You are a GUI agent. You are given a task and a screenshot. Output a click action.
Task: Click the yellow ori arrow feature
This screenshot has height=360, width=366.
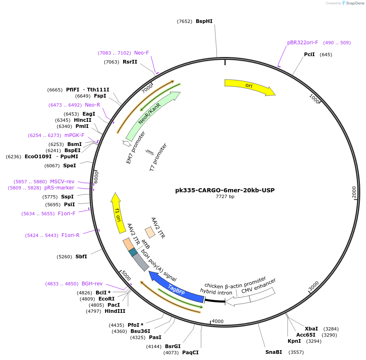click(x=249, y=86)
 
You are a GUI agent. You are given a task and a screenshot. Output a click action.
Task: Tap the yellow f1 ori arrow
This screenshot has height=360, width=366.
click(x=118, y=213)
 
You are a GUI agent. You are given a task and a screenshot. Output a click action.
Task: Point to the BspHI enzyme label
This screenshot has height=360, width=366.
click(x=204, y=21)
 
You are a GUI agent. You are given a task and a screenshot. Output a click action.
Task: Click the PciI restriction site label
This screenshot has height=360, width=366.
click(x=309, y=55)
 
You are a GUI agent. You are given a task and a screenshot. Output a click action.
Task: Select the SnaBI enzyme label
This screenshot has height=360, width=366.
click(x=274, y=352)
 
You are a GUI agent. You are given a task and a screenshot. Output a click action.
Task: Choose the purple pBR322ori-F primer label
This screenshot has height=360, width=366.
click(x=302, y=43)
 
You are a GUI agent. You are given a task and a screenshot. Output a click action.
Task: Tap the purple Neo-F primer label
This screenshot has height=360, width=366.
click(x=142, y=53)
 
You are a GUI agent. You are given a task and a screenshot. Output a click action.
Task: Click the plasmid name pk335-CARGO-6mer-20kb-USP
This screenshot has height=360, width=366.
click(x=225, y=190)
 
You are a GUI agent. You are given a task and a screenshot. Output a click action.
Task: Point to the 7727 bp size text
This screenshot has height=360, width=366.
click(x=225, y=197)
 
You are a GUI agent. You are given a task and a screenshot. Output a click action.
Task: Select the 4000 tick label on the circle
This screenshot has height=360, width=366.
click(x=217, y=321)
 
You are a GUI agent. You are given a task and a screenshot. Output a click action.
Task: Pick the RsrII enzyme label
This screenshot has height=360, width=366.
click(x=130, y=62)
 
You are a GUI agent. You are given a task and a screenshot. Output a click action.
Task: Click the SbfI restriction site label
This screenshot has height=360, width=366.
click(x=81, y=257)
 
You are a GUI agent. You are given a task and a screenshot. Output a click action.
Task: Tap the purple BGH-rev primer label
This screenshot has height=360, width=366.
click(x=92, y=284)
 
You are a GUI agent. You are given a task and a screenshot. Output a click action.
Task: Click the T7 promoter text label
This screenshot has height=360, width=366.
click(x=158, y=157)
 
